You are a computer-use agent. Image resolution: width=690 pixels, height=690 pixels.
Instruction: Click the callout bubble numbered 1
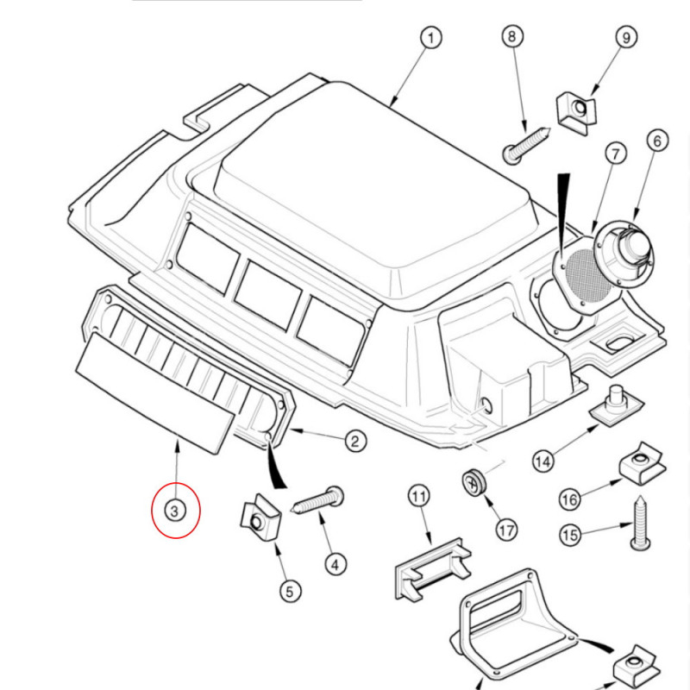(x=430, y=38)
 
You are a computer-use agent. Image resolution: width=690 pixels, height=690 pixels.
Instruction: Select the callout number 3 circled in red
(x=175, y=511)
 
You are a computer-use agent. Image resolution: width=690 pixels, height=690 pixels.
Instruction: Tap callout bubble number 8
(x=512, y=38)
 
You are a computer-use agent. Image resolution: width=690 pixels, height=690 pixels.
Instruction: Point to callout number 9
(x=624, y=38)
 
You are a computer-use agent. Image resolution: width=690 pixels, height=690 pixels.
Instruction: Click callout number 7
(x=614, y=155)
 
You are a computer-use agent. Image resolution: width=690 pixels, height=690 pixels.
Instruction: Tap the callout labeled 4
(x=336, y=564)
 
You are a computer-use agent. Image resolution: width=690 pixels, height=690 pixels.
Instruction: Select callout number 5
(x=289, y=591)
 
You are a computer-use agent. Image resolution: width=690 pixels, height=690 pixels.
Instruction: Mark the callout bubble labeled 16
(x=569, y=499)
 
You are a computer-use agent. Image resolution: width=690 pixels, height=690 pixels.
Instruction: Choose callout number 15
(x=569, y=535)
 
